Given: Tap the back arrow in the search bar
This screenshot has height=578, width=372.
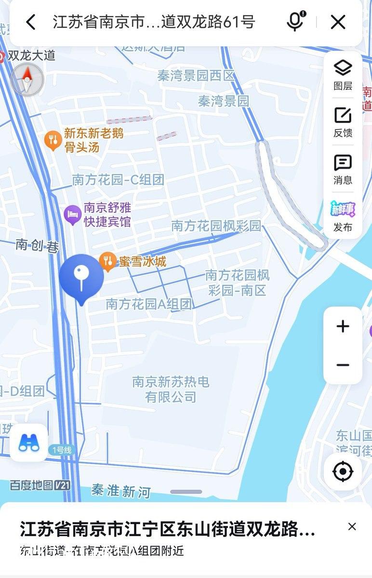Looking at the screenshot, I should [31, 22].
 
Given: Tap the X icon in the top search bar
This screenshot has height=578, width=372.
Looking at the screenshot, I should [338, 22].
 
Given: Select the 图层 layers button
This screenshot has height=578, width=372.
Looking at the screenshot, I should [343, 74].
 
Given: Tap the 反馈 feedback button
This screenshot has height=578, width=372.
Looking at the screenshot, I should [343, 121].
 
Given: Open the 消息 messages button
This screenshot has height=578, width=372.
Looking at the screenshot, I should [343, 169].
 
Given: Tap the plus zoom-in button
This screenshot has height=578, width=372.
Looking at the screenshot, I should [343, 327].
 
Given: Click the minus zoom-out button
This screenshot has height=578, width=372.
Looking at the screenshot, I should [343, 365].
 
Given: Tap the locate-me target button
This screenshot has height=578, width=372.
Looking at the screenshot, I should [343, 472].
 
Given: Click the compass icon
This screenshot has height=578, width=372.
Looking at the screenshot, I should [27, 79].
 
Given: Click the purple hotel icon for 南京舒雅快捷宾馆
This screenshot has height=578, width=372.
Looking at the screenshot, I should [72, 214].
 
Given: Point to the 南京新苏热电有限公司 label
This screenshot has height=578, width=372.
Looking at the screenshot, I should [171, 389].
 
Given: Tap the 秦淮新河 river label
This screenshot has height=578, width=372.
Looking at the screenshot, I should [121, 491].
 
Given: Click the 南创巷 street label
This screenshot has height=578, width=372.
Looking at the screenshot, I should [37, 246].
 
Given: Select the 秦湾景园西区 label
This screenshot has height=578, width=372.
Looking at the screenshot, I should [196, 75].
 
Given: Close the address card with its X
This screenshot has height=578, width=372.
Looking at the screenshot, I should [352, 526].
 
